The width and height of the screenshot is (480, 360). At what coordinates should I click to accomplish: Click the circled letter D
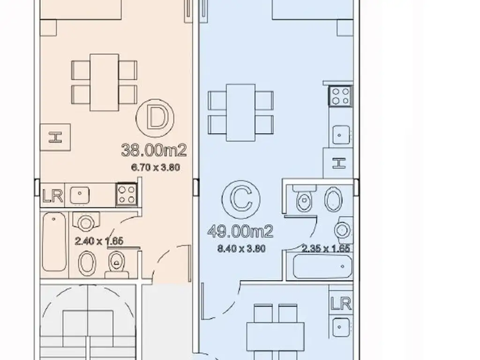click(x=155, y=118)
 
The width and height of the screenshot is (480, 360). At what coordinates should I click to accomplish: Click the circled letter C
click(x=241, y=200)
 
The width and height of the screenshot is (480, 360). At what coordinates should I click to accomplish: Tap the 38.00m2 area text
click(x=154, y=150)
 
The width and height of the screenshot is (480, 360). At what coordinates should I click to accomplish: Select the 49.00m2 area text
click(x=240, y=232)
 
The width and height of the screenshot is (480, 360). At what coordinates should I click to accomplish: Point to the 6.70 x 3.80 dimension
click(x=156, y=167)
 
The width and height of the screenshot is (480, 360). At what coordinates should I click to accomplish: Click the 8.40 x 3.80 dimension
click(x=241, y=248)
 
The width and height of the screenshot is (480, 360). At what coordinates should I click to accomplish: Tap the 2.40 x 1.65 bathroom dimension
click(x=99, y=241)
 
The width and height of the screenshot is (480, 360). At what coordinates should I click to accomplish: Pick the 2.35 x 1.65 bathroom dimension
click(x=326, y=248)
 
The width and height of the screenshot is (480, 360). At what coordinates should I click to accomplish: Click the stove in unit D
click(x=127, y=195)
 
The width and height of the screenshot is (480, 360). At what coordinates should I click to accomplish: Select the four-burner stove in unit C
click(x=340, y=96)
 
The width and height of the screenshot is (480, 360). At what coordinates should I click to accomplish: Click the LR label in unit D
click(x=52, y=195)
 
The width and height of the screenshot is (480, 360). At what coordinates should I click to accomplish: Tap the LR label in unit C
click(x=341, y=304)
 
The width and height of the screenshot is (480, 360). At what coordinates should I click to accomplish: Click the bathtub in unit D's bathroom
click(x=54, y=242)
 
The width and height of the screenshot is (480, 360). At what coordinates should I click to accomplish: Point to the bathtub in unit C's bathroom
click(x=322, y=267)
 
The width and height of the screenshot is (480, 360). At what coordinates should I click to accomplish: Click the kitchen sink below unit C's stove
click(x=341, y=135)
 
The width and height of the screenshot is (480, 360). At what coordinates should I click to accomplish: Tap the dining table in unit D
click(x=105, y=82)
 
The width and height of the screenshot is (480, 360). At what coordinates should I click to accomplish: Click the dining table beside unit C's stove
click(x=240, y=112)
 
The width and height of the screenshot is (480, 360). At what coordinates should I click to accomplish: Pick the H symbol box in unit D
click(x=55, y=137)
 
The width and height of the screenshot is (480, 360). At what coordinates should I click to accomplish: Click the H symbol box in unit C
click(x=338, y=163)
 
